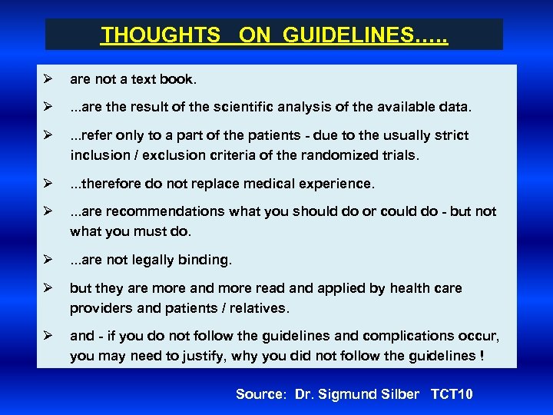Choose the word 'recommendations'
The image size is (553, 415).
coord(149,211)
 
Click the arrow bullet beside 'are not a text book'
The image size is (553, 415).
coord(48,78)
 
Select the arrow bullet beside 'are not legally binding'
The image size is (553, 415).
coord(48,260)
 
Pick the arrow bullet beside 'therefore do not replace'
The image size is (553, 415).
coord(48,184)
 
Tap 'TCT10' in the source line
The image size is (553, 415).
coord(452,394)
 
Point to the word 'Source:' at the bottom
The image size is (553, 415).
coord(260,394)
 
